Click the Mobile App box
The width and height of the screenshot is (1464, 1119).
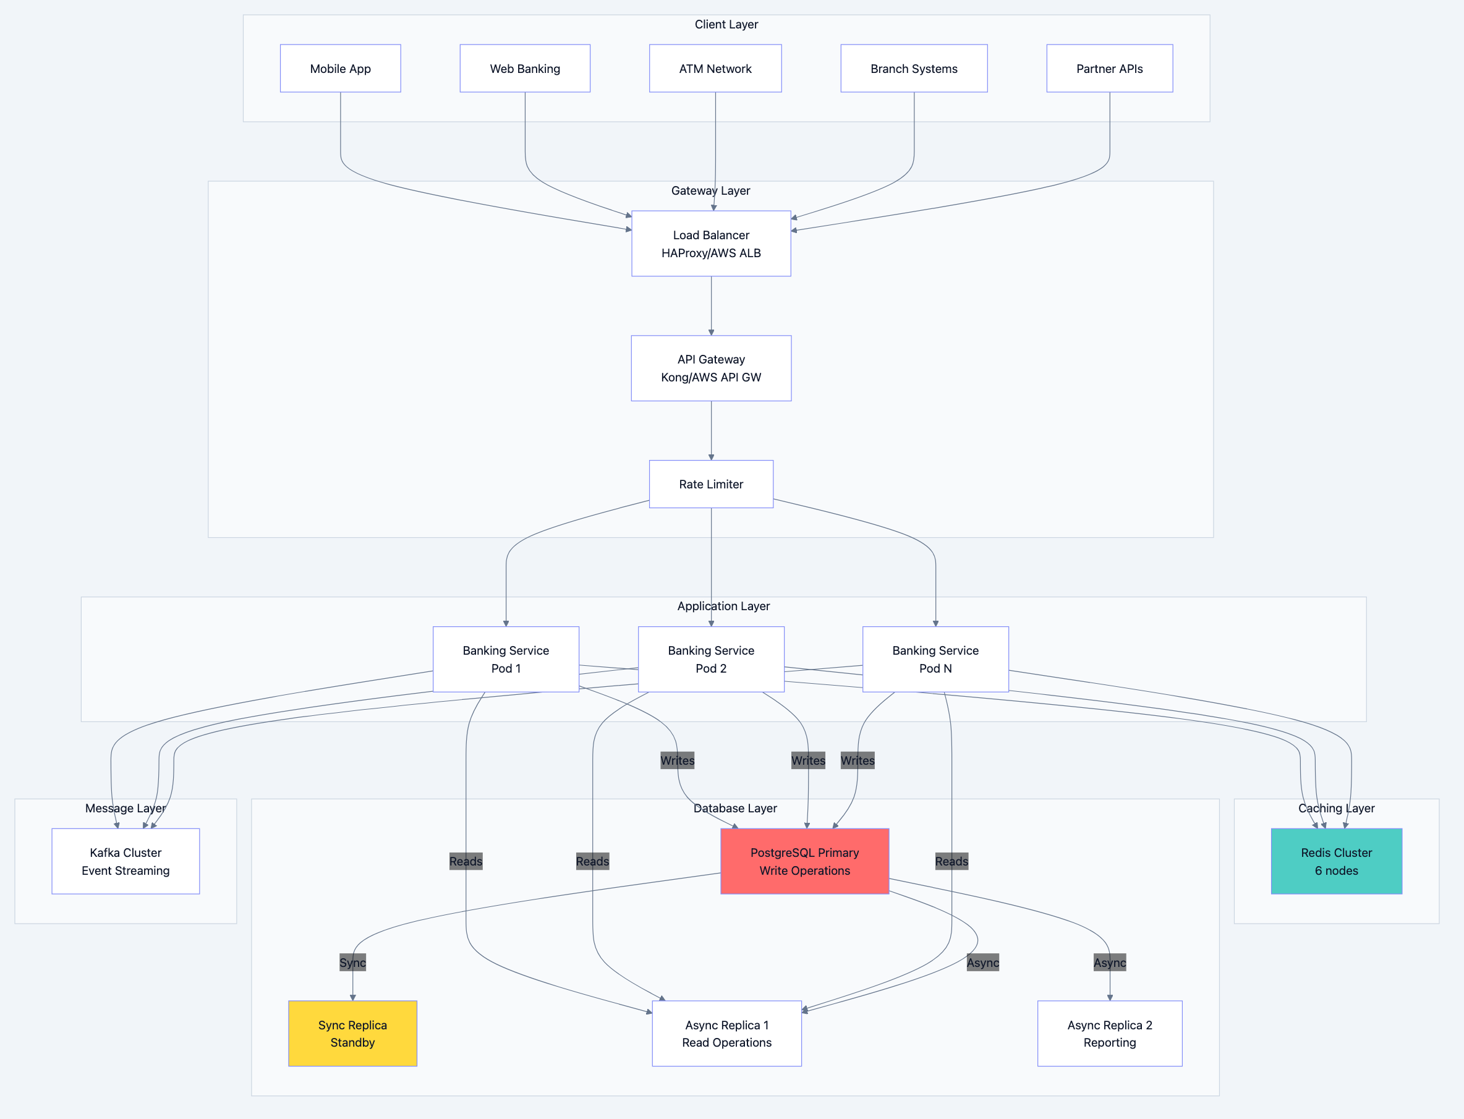click(341, 69)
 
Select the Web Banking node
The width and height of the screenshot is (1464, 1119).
click(525, 69)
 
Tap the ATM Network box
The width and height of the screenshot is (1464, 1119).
click(715, 69)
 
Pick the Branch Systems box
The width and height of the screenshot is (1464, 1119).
click(914, 69)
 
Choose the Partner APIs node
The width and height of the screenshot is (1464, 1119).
click(1109, 69)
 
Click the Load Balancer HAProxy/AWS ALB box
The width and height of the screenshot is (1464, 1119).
click(711, 244)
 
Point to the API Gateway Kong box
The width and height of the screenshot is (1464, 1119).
click(711, 368)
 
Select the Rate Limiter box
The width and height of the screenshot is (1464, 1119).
click(711, 484)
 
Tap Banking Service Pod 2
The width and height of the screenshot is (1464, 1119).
click(711, 659)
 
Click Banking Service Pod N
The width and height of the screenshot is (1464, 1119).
click(935, 659)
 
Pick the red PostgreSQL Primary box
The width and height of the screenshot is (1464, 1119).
click(804, 861)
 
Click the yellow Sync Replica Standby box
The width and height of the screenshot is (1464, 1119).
click(352, 1033)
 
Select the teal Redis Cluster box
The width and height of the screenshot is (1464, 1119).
click(1336, 861)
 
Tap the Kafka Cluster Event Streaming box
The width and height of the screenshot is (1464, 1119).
click(126, 861)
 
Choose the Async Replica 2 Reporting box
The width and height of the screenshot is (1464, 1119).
click(1109, 1033)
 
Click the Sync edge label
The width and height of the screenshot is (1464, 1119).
click(352, 963)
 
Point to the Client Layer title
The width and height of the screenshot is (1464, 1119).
click(726, 25)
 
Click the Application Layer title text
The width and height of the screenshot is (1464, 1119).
click(723, 606)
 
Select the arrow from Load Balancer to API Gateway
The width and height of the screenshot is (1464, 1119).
click(711, 306)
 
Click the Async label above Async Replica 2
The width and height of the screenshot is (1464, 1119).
click(1109, 963)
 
